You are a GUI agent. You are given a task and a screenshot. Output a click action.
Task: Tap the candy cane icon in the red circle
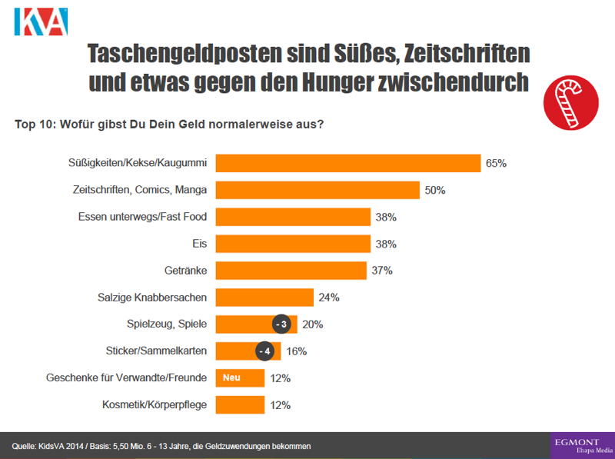tap(570, 101)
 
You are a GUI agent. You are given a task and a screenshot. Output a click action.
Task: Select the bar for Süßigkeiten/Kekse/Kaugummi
tap(348, 164)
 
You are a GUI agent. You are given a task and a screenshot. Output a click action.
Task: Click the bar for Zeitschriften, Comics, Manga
tap(317, 191)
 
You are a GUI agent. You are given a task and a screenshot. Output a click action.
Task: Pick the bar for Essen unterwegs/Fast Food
tap(293, 218)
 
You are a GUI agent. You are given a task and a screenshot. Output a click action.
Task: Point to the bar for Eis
tap(293, 244)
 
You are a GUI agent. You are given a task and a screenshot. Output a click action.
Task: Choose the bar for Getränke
tap(291, 271)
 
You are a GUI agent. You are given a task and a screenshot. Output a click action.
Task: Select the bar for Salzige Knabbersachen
tap(264, 298)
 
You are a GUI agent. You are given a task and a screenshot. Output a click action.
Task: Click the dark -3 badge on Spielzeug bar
tap(281, 324)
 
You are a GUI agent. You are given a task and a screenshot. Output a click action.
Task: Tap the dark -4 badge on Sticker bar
tap(263, 351)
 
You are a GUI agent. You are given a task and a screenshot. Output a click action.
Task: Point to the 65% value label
tap(496, 164)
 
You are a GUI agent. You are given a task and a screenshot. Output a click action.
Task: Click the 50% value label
tap(435, 191)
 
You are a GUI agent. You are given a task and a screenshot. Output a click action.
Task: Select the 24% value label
tap(329, 298)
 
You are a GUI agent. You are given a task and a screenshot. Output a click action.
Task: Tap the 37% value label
tap(382, 271)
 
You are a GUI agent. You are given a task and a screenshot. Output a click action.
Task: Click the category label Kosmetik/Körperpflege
tap(155, 405)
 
